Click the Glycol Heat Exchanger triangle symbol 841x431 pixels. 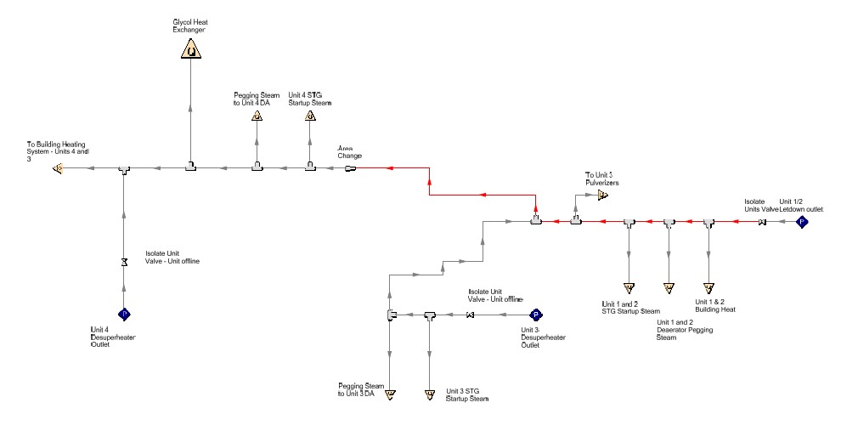point(191,50)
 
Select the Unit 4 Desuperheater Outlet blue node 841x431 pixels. point(124,314)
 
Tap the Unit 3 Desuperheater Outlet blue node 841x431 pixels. point(536,315)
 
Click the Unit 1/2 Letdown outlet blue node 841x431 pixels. point(800,222)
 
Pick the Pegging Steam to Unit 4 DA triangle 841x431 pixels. point(257,116)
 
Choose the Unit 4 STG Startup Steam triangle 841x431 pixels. point(310,116)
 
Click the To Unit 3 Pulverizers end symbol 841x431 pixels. point(602,195)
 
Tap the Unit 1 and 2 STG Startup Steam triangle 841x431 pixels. point(629,287)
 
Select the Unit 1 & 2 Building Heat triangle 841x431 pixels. point(708,287)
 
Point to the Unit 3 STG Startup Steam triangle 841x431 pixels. point(429,394)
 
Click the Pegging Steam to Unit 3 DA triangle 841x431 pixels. point(390,394)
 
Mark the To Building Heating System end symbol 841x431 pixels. point(58,168)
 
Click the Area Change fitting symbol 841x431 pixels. point(349,168)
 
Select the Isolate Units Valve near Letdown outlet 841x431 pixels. point(762,223)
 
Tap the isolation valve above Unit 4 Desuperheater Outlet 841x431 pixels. point(124,261)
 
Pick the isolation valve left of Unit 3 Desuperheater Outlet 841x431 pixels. point(470,315)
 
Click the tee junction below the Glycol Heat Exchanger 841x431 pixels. point(191,167)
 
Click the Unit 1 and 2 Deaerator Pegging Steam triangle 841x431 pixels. point(669,287)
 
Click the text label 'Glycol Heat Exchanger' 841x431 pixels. point(190,26)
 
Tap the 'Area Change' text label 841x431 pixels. point(350,151)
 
